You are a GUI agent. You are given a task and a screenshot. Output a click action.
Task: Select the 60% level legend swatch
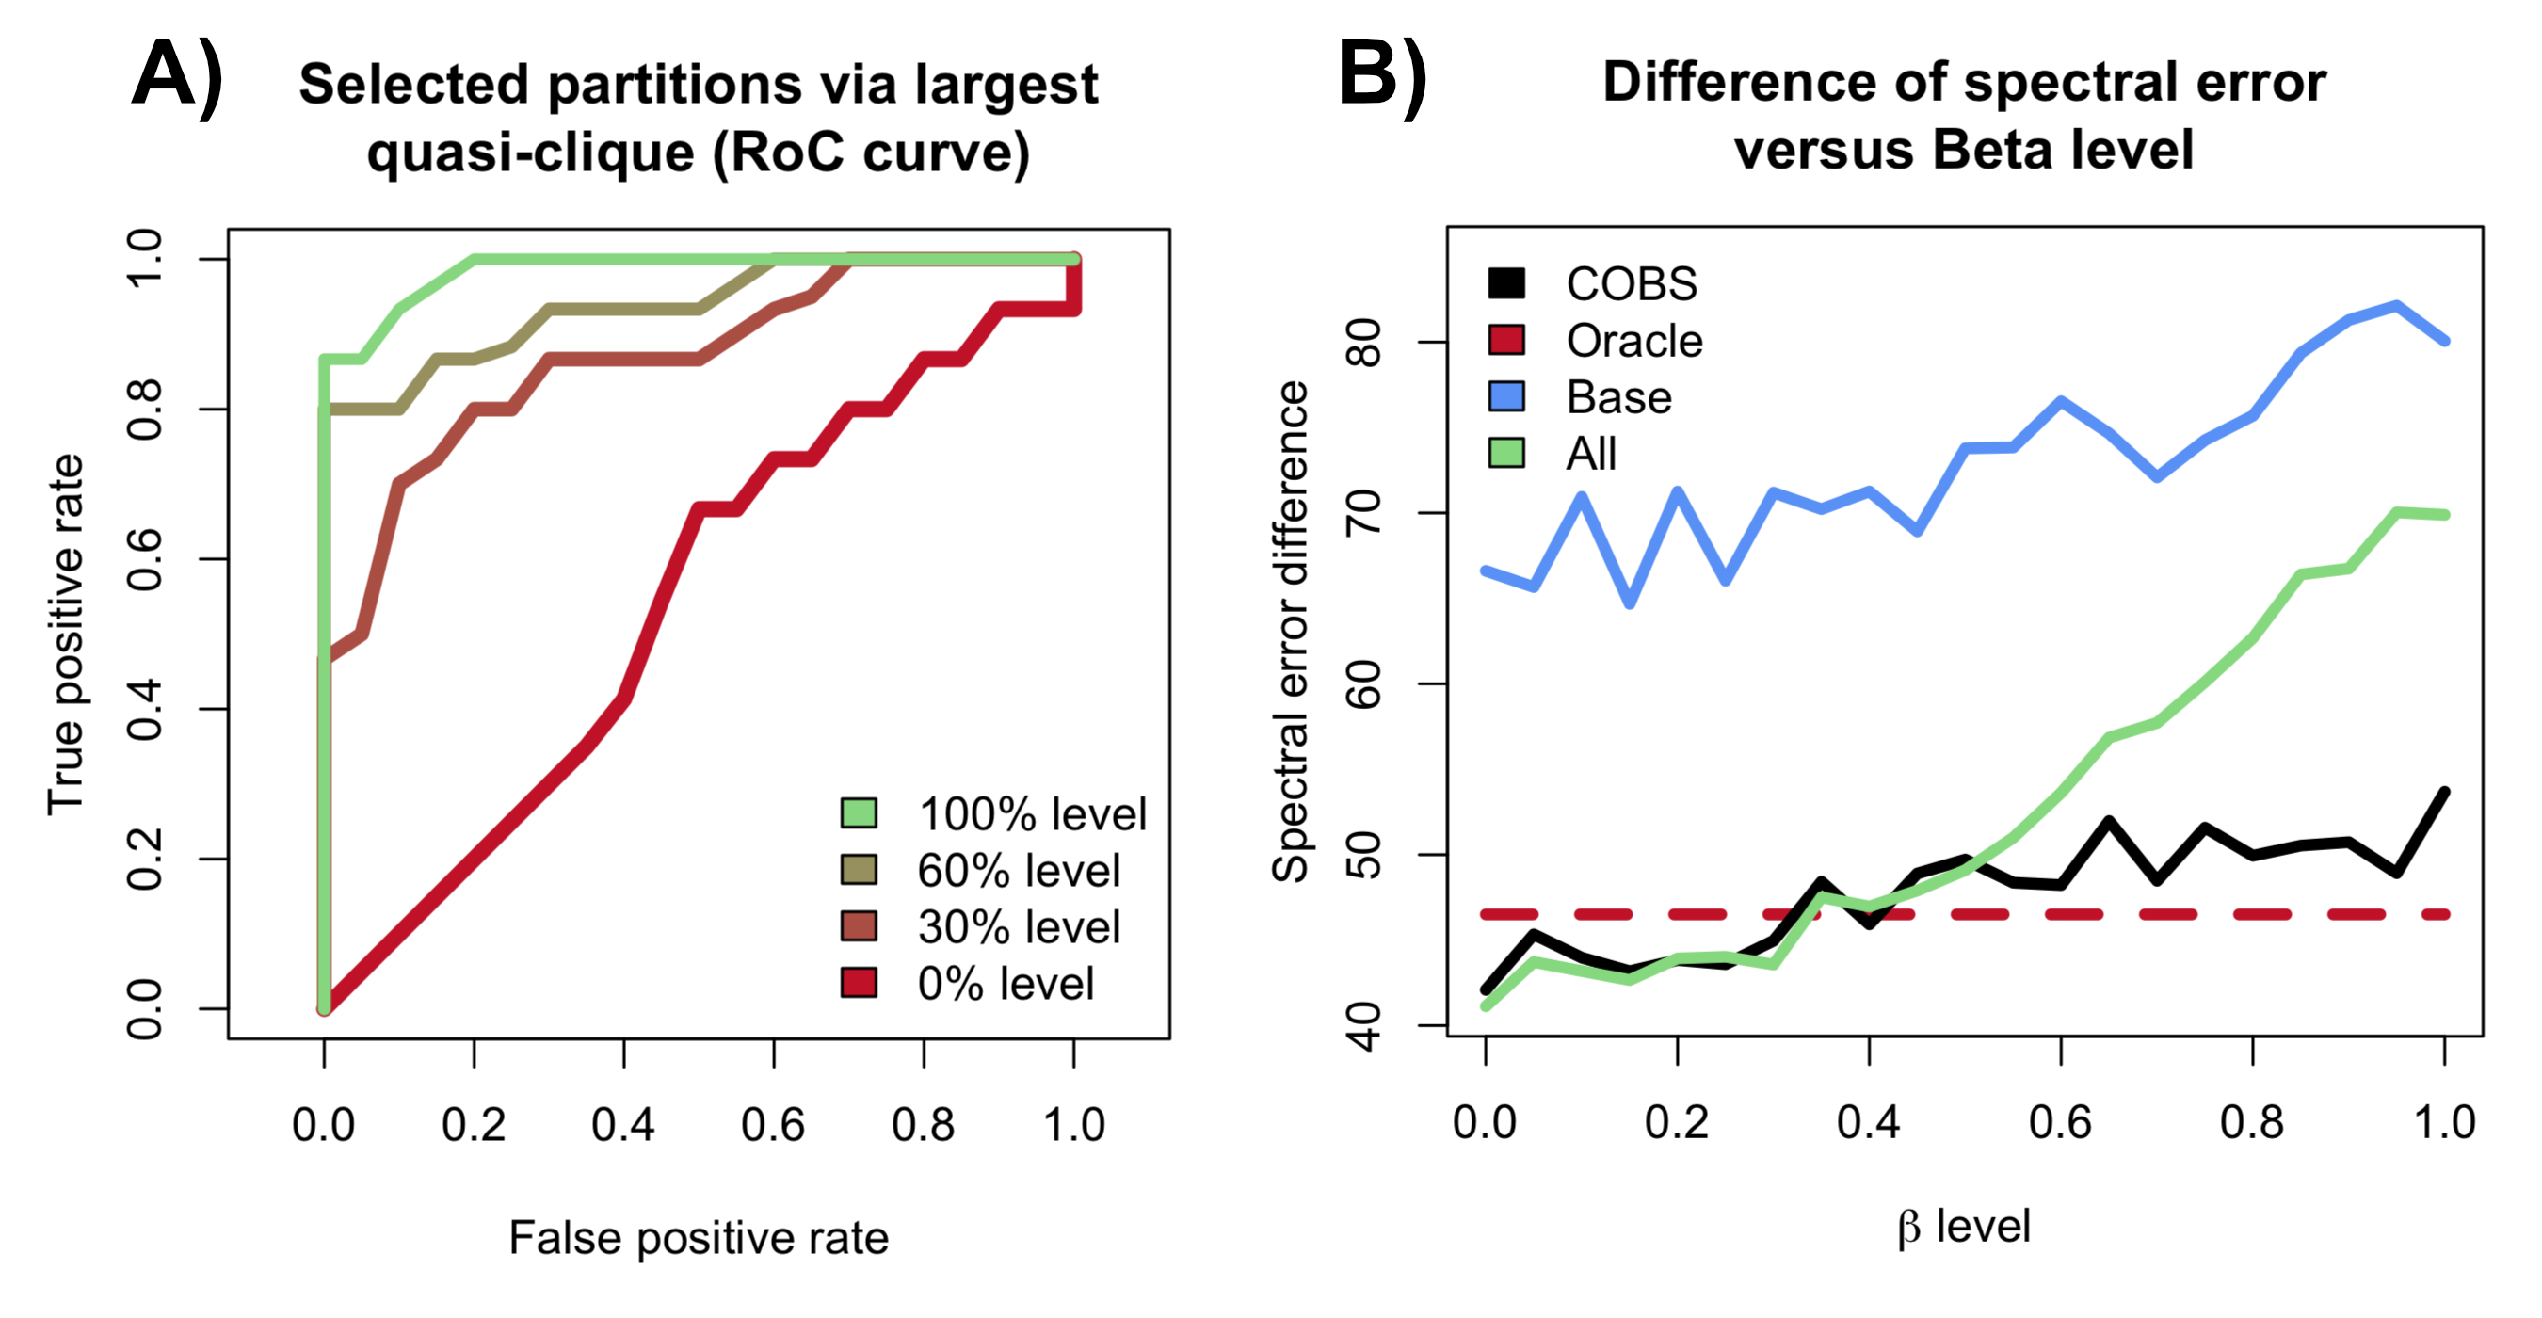(859, 869)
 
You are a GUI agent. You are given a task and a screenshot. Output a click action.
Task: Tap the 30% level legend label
(1019, 926)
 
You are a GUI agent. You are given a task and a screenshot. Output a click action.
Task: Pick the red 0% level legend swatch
(859, 983)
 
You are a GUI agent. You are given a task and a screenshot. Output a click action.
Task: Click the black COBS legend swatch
(1505, 283)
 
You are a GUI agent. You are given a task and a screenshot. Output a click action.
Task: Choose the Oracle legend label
(1634, 341)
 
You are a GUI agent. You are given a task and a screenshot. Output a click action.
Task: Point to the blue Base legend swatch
(1505, 396)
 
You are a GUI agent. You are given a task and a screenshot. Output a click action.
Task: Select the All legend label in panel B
(1591, 454)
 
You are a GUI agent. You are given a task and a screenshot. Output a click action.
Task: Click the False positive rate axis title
(699, 1237)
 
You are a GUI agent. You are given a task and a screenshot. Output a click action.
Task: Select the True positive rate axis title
(66, 634)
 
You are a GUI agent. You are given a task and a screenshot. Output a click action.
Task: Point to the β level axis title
(1964, 1227)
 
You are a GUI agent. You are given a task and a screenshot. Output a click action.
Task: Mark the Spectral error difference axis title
(1290, 632)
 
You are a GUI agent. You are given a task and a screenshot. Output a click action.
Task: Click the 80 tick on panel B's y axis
(1366, 342)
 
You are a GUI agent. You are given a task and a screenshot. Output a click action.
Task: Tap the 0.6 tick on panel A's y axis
(145, 559)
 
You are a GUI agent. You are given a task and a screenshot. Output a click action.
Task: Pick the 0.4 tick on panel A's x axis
(622, 1125)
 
